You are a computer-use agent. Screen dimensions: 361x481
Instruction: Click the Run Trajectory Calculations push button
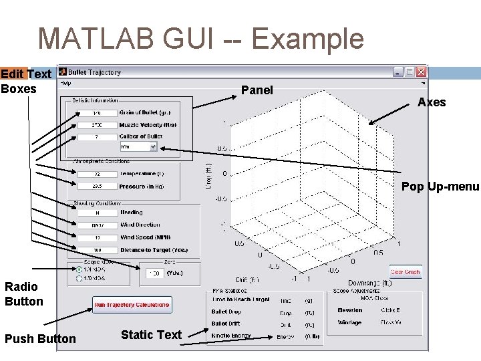[132, 305]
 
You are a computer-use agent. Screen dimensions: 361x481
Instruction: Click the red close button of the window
[422, 72]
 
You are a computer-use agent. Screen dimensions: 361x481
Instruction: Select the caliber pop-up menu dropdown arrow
[153, 146]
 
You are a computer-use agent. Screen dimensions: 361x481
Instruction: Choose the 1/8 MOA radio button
[80, 278]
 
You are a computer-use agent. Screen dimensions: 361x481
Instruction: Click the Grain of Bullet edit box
[97, 113]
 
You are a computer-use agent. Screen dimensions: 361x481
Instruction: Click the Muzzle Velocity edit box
[97, 125]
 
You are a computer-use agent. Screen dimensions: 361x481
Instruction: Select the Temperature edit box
[97, 174]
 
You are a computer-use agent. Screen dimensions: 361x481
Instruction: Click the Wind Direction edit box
[97, 225]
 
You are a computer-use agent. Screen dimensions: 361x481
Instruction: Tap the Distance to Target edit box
[97, 250]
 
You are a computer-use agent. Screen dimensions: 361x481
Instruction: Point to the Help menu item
[65, 84]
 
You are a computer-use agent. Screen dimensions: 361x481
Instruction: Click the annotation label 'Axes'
[432, 102]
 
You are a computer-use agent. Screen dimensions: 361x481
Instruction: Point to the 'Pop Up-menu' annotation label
[440, 187]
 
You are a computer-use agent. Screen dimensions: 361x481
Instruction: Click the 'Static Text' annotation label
[151, 334]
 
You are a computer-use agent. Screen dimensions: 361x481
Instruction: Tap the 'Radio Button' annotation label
[24, 294]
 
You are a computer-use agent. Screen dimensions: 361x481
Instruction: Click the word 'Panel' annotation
[257, 90]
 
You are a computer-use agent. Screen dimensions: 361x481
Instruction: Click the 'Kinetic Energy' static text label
[231, 336]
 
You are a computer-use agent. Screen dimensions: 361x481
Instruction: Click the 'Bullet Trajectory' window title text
[94, 72]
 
